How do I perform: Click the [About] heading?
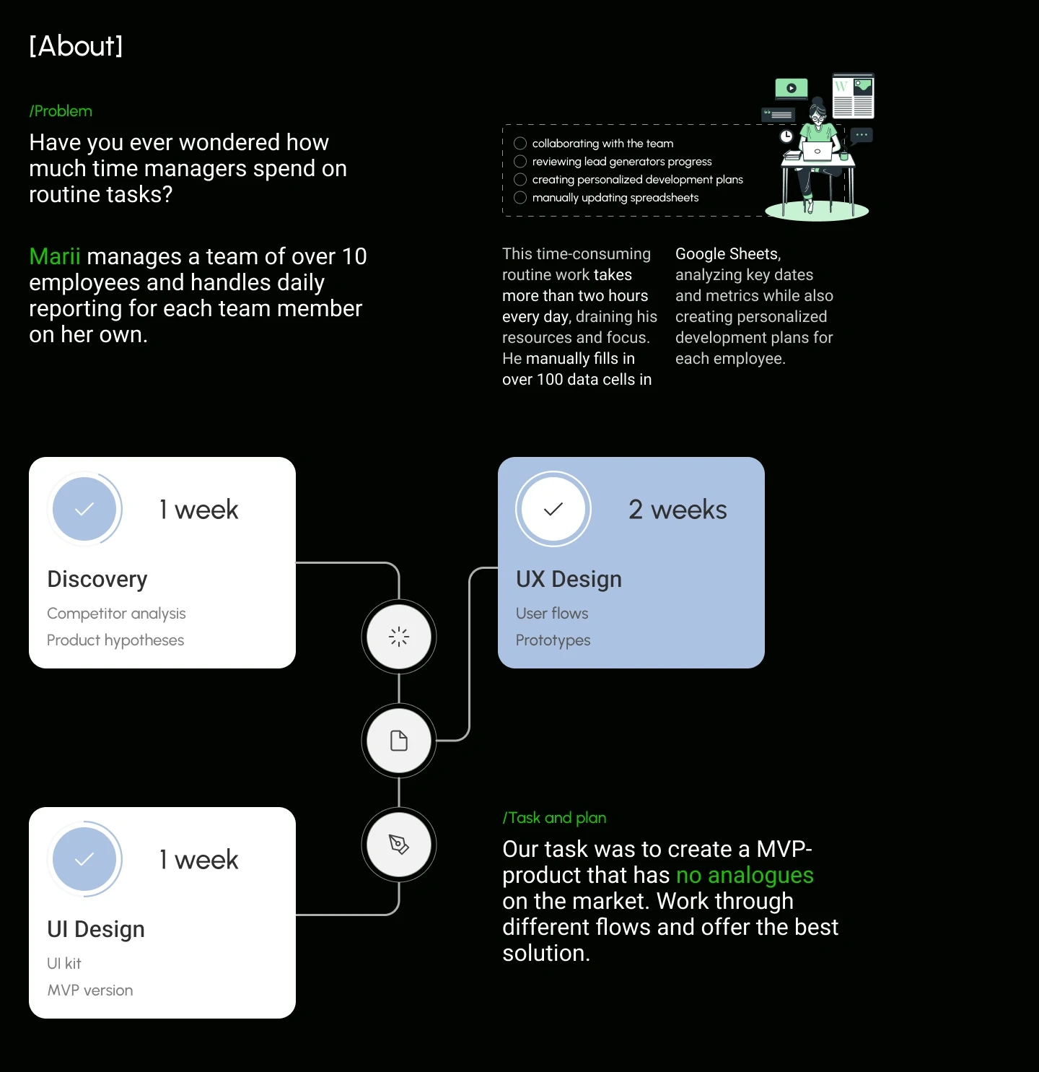[x=76, y=45]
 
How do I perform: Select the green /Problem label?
[x=61, y=111]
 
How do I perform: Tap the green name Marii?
[x=55, y=256]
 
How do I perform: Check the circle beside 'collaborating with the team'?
[x=519, y=143]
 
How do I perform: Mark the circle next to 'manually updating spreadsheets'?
[x=519, y=197]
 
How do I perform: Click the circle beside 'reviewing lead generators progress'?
[x=519, y=162]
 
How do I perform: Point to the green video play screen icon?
[x=792, y=88]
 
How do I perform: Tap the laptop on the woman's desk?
[x=817, y=151]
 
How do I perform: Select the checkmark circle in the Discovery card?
[x=84, y=508]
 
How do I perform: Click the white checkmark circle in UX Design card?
[x=553, y=508]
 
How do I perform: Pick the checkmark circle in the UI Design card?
[x=84, y=859]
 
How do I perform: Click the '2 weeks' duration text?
[x=678, y=510]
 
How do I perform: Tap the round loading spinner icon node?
[x=398, y=637]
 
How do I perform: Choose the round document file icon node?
[x=398, y=741]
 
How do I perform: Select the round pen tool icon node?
[x=398, y=845]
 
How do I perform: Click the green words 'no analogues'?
[x=745, y=875]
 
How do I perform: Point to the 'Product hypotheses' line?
[x=115, y=640]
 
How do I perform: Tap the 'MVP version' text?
[x=90, y=990]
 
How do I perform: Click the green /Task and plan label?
[x=554, y=817]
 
